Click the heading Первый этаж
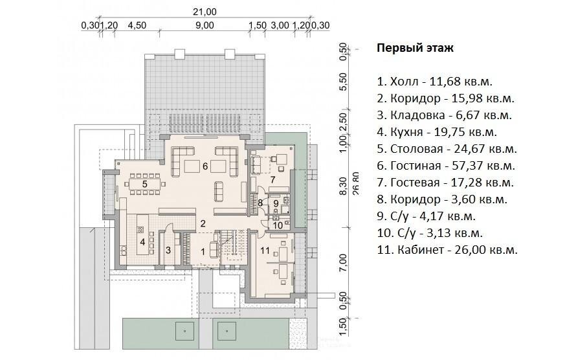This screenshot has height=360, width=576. [415, 48]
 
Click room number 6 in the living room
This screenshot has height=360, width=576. [205, 166]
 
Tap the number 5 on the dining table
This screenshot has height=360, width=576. [145, 184]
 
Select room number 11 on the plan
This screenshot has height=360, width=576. [265, 251]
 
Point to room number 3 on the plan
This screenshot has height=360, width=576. [168, 251]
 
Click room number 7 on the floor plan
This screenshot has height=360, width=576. [272, 179]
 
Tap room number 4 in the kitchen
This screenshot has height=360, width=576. [142, 242]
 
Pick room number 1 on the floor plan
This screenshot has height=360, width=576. [203, 252]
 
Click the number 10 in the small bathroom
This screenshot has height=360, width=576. [278, 225]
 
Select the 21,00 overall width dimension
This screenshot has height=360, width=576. [205, 12]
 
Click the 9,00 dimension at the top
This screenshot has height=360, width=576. [205, 25]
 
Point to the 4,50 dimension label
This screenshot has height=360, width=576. [137, 25]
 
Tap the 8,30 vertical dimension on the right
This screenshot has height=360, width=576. [343, 186]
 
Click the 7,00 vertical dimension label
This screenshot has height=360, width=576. [343, 263]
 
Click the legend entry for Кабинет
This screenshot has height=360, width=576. [447, 250]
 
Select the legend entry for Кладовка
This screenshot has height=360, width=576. [445, 115]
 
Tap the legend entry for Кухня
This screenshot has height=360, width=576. [437, 132]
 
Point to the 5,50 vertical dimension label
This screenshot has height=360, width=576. [343, 82]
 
